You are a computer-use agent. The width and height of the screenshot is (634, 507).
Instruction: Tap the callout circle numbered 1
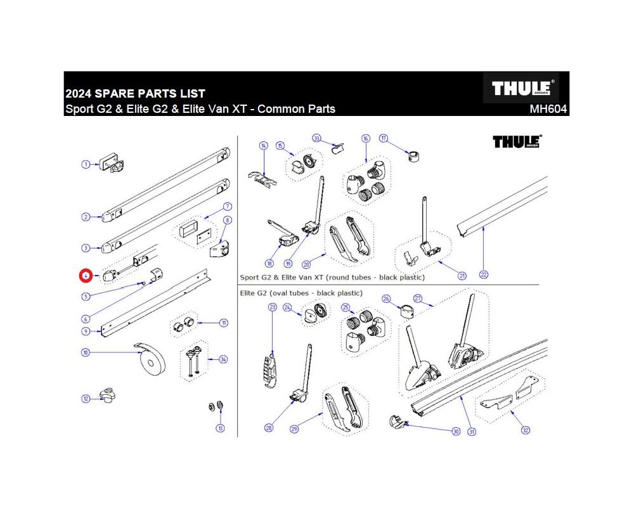85,165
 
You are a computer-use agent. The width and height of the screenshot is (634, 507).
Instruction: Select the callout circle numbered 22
484,274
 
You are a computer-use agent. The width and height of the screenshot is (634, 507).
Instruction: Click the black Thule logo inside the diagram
517,141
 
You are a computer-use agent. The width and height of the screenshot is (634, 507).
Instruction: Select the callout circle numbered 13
220,428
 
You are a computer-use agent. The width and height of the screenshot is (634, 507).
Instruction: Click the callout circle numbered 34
223,359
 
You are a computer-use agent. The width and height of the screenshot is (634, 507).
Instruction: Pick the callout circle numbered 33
317,138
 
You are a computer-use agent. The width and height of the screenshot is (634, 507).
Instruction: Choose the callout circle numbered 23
273,307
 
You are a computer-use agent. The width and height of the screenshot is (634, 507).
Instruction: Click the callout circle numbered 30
455,432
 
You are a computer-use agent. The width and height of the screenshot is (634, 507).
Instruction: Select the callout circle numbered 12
86,399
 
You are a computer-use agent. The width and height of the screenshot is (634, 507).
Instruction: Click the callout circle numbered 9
86,331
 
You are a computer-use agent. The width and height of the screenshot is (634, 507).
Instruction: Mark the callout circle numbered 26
386,298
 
